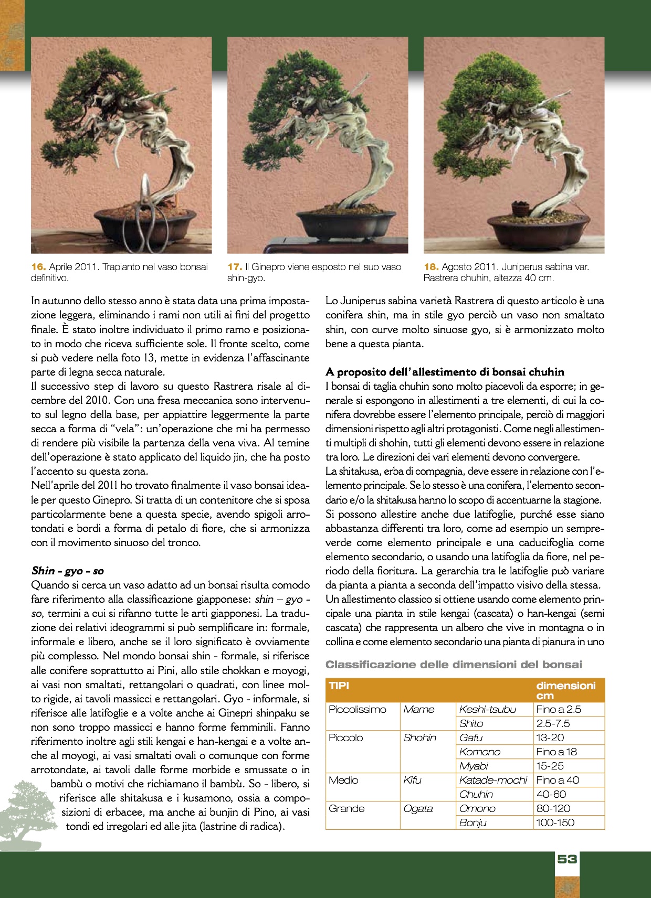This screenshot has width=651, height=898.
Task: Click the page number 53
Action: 567,859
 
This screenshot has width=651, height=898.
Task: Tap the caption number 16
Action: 38,267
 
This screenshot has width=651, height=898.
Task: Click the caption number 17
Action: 234,267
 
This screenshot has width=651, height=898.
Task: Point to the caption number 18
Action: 430,267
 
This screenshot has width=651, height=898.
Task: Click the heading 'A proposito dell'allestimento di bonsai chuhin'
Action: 445,372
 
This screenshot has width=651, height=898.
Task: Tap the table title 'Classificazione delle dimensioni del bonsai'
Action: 454,665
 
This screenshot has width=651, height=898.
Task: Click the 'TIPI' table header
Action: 339,686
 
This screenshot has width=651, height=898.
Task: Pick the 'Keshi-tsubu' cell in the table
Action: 488,709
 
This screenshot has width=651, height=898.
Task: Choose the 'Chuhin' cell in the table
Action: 476,794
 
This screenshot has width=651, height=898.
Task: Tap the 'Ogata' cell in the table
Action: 418,808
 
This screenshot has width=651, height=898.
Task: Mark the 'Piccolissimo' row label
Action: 357,709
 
